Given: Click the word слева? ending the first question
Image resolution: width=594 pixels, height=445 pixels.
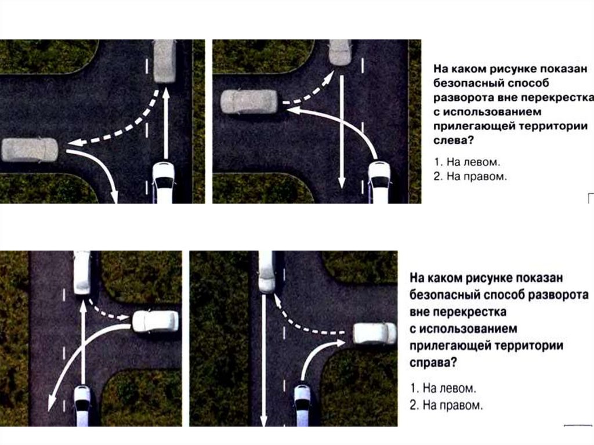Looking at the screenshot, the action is coord(454,140).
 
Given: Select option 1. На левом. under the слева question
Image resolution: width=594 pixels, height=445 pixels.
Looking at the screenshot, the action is coord(467,162).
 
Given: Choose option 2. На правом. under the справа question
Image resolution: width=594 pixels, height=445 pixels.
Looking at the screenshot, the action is coord(446,405).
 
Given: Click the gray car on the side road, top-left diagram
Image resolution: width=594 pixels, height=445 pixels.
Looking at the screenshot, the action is coord(30,150).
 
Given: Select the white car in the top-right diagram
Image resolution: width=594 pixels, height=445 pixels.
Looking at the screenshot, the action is coord(379,182).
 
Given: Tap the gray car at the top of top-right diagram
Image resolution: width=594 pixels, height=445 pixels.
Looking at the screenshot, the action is coord(340,52).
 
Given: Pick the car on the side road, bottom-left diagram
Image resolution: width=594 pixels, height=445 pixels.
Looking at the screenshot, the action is coord(155,321).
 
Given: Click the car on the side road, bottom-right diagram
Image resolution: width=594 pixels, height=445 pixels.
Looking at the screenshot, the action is coord(375,334).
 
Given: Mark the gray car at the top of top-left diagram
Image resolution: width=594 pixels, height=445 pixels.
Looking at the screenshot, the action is coord(164,61).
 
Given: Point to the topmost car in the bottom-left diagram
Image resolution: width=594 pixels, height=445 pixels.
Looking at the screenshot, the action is coord(82,273).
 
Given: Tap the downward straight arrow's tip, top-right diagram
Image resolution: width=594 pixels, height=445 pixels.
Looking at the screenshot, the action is coord(342,188).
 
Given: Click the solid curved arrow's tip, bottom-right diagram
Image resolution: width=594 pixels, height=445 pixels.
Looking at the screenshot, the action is coord(345,342).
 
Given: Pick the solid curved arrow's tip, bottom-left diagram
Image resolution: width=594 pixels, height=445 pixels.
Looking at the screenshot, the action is coord(49,411).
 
